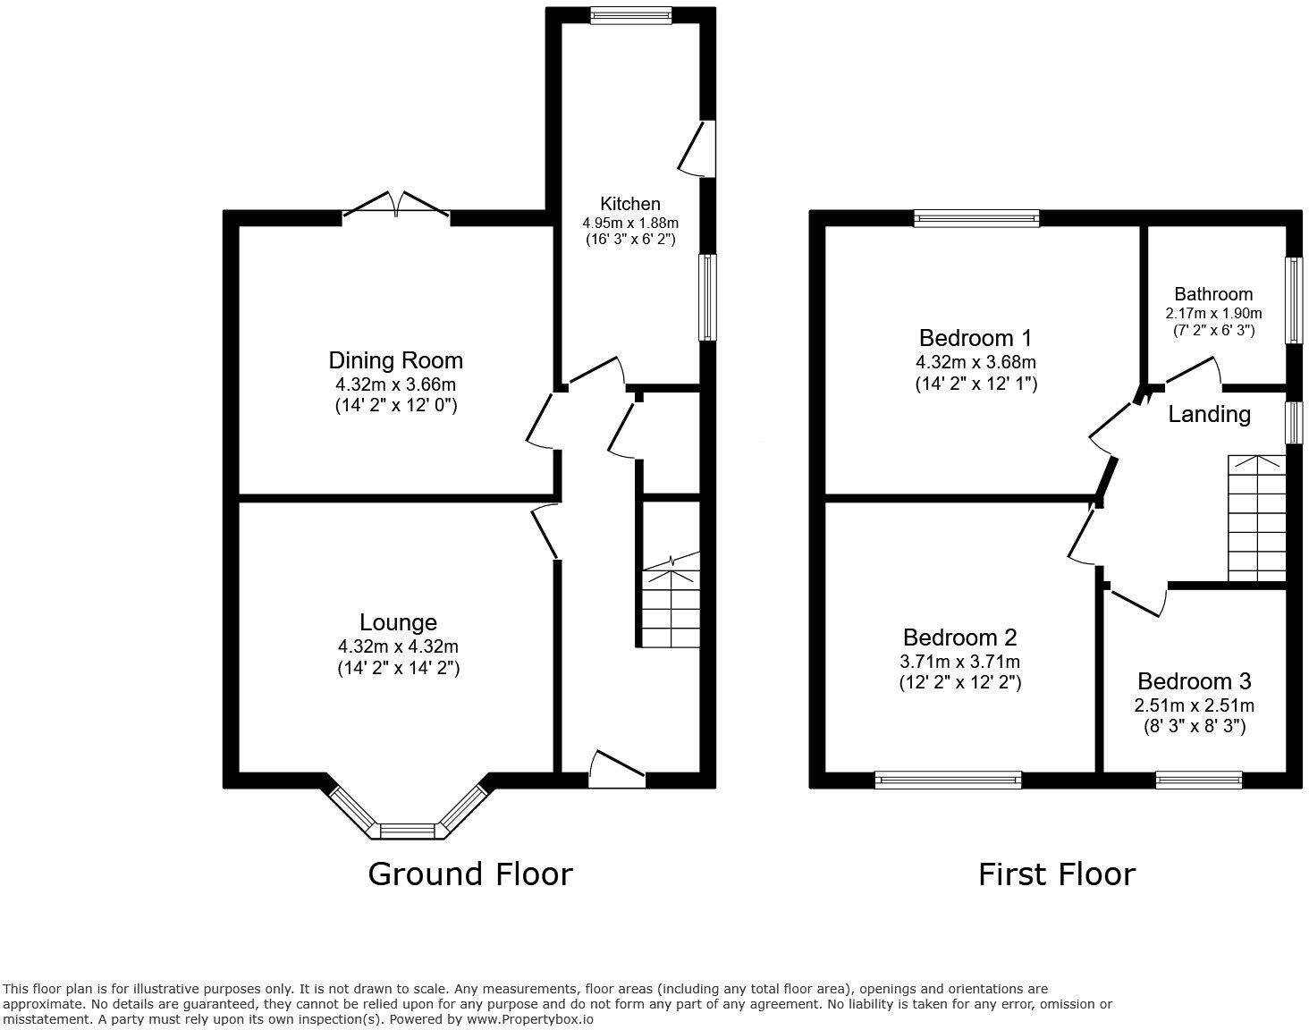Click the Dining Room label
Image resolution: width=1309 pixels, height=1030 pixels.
click(395, 360)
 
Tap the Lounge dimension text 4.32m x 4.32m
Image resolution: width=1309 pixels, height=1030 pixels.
click(398, 646)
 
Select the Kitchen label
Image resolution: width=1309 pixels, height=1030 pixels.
click(629, 204)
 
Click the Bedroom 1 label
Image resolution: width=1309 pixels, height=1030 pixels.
click(975, 338)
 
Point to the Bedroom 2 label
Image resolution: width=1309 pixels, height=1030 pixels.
click(959, 637)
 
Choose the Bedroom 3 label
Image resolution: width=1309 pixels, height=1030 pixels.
click(1194, 681)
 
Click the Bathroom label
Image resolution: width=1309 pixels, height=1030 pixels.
click(1212, 294)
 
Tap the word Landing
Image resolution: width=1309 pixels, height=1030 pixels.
click(1209, 415)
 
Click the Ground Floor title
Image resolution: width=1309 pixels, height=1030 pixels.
click(469, 874)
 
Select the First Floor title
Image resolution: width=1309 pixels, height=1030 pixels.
click(1056, 874)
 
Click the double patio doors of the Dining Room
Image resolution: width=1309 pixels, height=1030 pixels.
click(396, 206)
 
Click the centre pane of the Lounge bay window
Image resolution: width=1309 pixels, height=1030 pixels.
click(408, 832)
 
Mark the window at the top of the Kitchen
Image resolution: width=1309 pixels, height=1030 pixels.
click(630, 13)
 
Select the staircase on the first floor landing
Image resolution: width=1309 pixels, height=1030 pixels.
click(1256, 519)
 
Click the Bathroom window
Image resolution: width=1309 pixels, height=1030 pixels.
click(1293, 300)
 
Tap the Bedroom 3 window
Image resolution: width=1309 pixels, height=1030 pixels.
click(1198, 780)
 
